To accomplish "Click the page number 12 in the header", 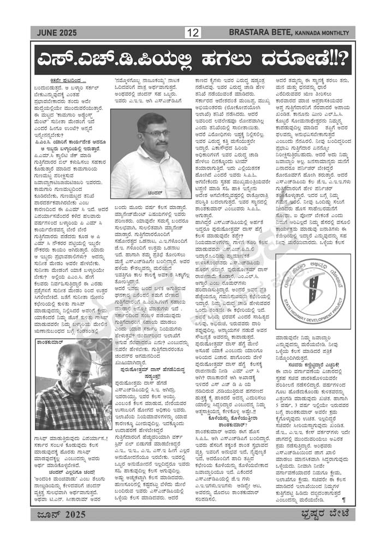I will pyautogui.click(x=193, y=33).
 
